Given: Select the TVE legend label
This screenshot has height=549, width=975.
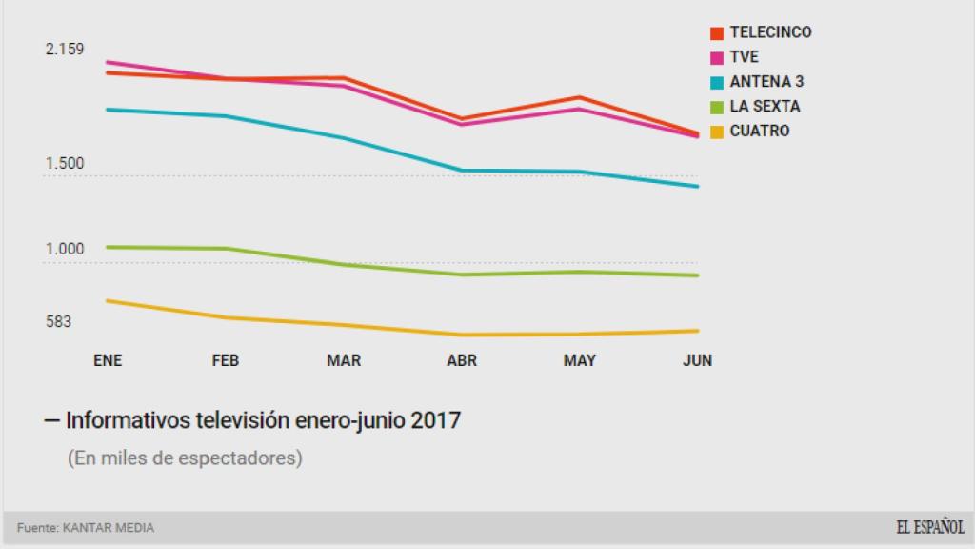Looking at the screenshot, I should pyautogui.click(x=744, y=57).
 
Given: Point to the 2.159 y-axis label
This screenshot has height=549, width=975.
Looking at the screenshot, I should pyautogui.click(x=66, y=50).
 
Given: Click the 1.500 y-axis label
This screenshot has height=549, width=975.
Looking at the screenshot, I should pyautogui.click(x=65, y=164).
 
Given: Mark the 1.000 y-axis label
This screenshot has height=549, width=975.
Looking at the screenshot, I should pyautogui.click(x=65, y=250).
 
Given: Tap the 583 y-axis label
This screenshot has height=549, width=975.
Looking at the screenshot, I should pyautogui.click(x=59, y=322).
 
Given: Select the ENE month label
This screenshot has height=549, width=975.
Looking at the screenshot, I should pyautogui.click(x=108, y=360).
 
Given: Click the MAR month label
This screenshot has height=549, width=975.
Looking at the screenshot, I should pyautogui.click(x=344, y=360).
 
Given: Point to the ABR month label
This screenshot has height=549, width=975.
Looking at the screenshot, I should pyautogui.click(x=462, y=360).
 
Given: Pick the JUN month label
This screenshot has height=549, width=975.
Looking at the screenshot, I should pyautogui.click(x=697, y=360).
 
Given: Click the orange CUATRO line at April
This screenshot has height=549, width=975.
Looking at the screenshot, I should pyautogui.click(x=463, y=335).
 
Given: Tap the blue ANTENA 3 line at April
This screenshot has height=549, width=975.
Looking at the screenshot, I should pyautogui.click(x=463, y=171).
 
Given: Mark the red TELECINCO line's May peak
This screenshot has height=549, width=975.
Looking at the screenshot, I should pyautogui.click(x=580, y=97).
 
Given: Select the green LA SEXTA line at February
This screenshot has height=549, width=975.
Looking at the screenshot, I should pyautogui.click(x=226, y=249).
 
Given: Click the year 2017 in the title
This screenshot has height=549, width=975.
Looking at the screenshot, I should pyautogui.click(x=436, y=419).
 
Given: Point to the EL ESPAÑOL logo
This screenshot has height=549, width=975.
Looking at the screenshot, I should pyautogui.click(x=929, y=527).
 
